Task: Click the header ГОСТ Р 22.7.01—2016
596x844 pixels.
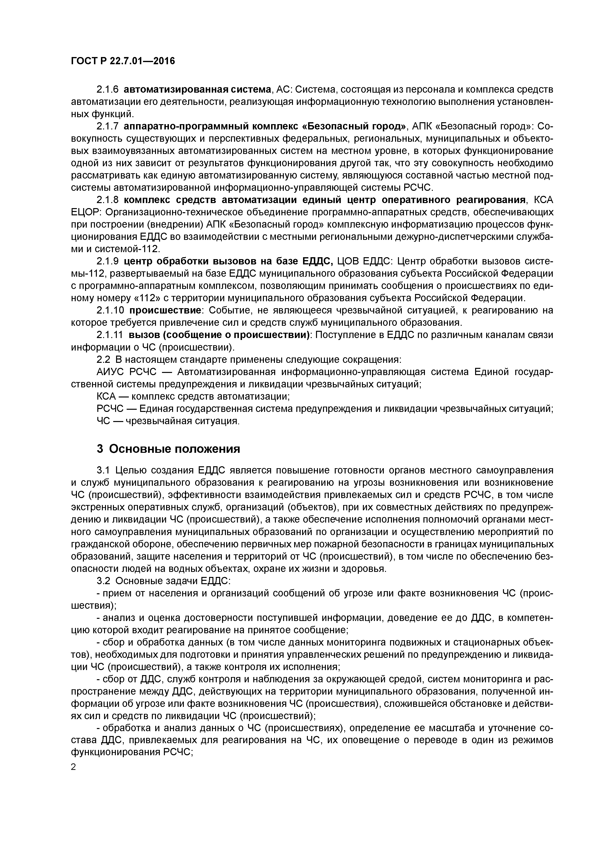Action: coord(123,61)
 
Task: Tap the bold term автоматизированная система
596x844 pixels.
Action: coord(198,89)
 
